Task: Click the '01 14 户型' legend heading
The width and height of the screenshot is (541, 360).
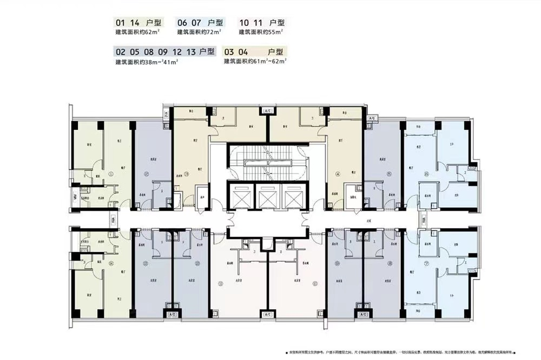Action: click(138, 23)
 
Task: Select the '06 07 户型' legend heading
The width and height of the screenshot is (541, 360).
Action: click(200, 23)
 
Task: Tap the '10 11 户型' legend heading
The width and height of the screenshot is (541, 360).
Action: click(262, 23)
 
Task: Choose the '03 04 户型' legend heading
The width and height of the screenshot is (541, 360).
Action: click(254, 52)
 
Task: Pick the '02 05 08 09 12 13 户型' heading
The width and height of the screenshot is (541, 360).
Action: click(165, 52)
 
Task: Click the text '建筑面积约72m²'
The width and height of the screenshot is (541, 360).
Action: click(199, 32)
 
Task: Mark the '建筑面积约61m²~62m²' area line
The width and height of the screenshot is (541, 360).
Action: click(255, 62)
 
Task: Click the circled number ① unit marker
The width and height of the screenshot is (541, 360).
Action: click(111, 174)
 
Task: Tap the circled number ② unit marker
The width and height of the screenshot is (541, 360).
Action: click(147, 174)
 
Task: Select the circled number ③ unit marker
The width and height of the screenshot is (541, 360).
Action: click(186, 174)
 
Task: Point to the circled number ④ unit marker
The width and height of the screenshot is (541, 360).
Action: click(337, 174)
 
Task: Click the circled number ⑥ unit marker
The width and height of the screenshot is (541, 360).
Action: click(426, 174)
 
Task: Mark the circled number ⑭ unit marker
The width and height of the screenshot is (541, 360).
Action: click(111, 263)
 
